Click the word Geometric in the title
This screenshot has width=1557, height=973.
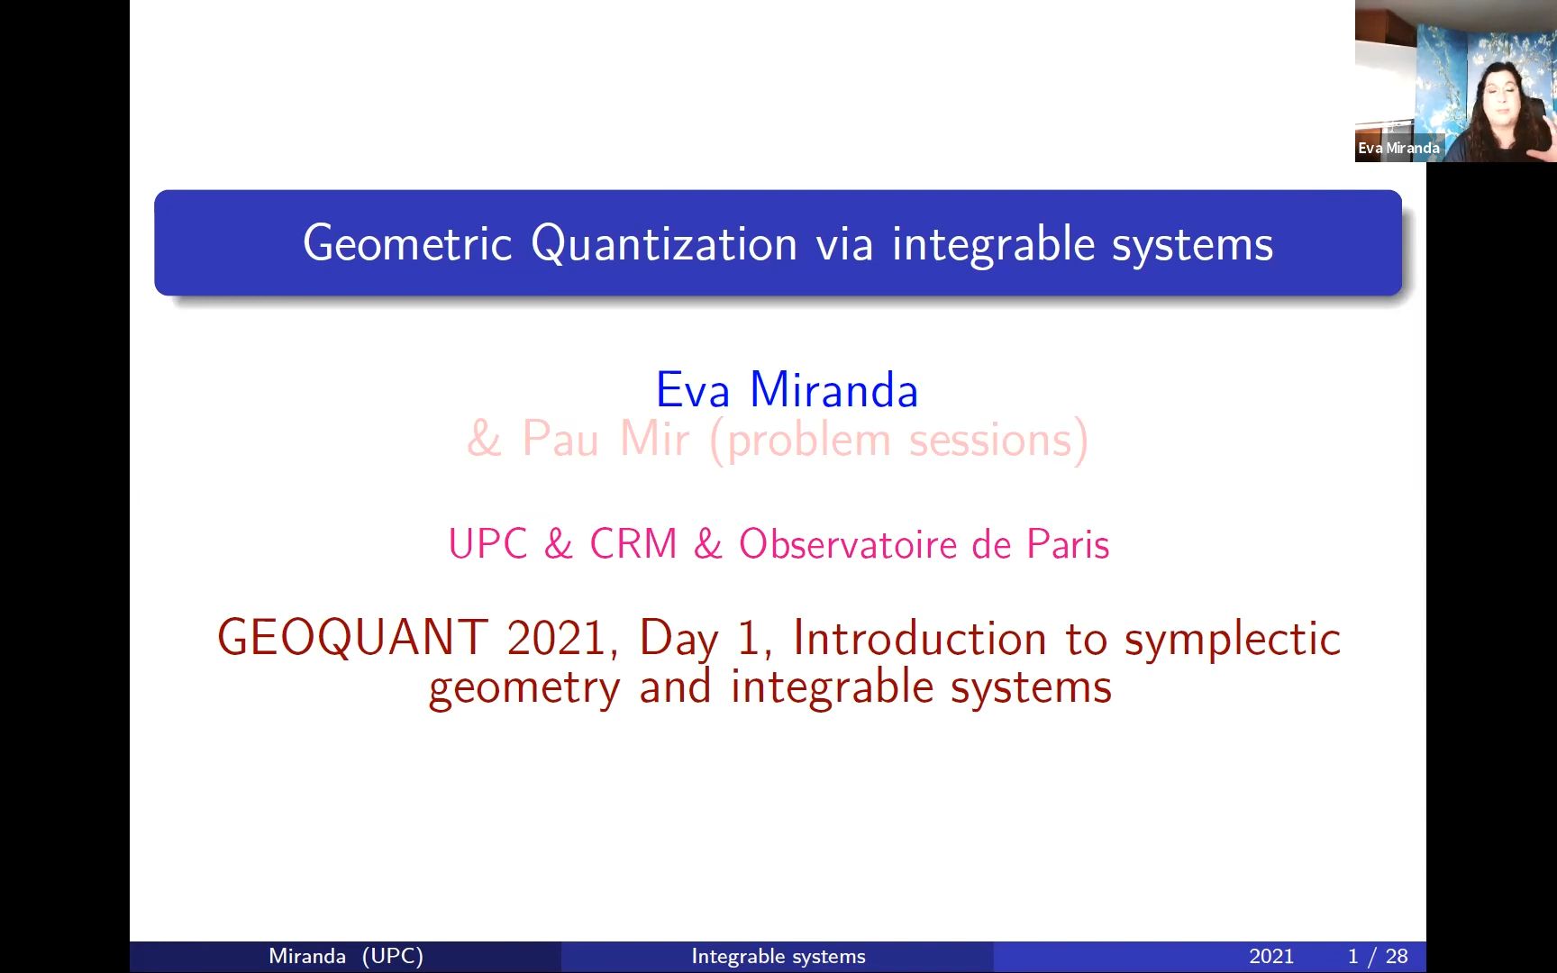click(x=407, y=244)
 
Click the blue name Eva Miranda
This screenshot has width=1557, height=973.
click(x=787, y=390)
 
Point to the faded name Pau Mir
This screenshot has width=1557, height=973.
click(x=605, y=440)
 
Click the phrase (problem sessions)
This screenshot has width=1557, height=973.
click(x=899, y=441)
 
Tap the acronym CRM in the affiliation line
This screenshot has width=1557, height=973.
click(x=633, y=544)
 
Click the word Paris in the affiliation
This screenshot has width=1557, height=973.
click(x=1069, y=544)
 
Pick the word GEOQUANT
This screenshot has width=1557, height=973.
click(x=353, y=638)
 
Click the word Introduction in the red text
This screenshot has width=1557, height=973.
click(x=919, y=638)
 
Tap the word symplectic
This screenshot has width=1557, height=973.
click(x=1233, y=640)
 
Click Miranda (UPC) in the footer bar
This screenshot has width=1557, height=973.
click(x=346, y=956)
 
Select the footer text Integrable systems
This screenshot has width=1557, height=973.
click(x=778, y=956)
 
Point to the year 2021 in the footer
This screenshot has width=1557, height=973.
click(x=1271, y=956)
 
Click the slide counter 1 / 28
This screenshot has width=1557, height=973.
click(x=1378, y=956)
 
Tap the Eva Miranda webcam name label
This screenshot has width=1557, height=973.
click(x=1398, y=148)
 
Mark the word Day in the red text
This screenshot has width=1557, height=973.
click(x=678, y=640)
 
